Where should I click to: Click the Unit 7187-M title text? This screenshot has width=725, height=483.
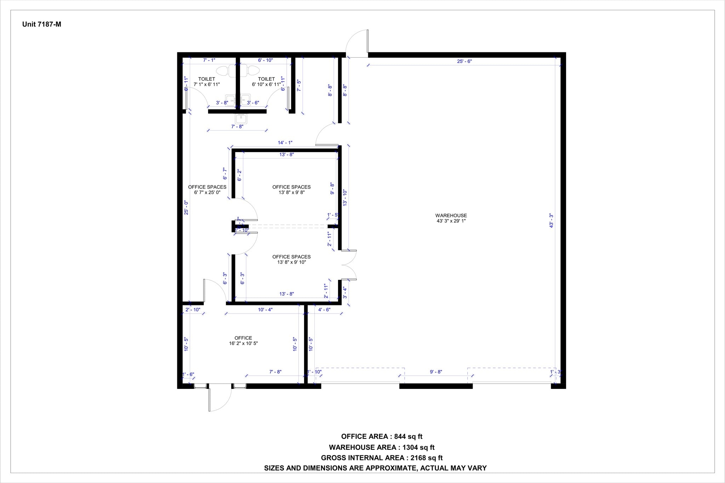[x=42, y=24]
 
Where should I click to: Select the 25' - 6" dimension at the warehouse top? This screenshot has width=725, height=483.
[x=464, y=61]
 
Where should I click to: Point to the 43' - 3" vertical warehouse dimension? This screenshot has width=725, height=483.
[x=551, y=220]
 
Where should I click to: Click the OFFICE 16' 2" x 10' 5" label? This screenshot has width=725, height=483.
[x=243, y=340]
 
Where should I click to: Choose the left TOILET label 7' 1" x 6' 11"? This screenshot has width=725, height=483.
[x=207, y=82]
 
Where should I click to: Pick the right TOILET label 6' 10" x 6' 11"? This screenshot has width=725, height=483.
[x=266, y=82]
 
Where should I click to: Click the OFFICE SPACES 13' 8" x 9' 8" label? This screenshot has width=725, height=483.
[x=291, y=190]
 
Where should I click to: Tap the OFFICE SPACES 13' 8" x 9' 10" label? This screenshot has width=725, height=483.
[x=291, y=259]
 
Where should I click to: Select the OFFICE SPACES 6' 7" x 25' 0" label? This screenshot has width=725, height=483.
[x=207, y=190]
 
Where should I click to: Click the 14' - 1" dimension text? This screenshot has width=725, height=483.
[x=285, y=143]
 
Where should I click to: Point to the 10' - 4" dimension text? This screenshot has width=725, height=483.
[x=265, y=310]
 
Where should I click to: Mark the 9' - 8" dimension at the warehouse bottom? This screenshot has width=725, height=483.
[x=436, y=372]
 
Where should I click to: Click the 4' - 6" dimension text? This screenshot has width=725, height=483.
[x=324, y=310]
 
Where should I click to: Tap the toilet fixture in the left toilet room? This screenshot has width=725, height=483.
[x=222, y=71]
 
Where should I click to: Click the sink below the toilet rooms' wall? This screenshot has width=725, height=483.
[x=241, y=118]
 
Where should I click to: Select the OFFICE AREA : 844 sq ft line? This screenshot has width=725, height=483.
[x=382, y=436]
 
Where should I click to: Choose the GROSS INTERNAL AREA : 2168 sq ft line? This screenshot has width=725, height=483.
[x=382, y=458]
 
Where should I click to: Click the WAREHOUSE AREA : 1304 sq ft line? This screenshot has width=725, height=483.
[x=382, y=447]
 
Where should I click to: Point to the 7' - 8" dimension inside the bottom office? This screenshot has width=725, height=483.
[x=275, y=372]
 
